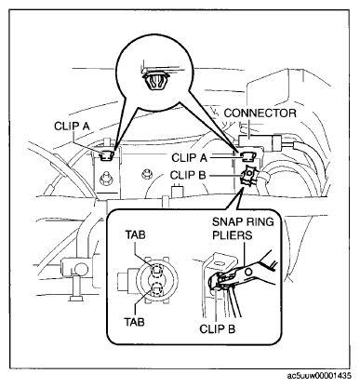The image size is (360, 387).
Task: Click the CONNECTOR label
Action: [260, 113]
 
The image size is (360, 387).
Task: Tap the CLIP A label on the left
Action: [72, 127]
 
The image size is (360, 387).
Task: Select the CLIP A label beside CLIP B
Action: [189, 158]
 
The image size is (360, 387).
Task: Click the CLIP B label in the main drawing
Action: [188, 175]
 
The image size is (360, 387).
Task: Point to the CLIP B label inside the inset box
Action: [217, 328]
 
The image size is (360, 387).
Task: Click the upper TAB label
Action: [135, 234]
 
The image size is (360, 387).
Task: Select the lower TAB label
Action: [135, 322]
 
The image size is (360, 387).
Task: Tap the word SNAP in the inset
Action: [226, 222]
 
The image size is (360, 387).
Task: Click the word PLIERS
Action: [233, 235]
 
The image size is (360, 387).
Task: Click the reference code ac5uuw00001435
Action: [319, 376]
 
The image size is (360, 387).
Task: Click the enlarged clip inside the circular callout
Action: [155, 81]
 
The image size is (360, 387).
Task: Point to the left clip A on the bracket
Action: [107, 155]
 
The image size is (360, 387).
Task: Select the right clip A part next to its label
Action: [247, 156]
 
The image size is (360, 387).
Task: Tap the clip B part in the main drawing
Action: [248, 176]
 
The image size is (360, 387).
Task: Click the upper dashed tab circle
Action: [157, 271]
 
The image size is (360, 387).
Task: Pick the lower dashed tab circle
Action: [157, 290]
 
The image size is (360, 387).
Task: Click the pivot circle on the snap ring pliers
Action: [248, 272]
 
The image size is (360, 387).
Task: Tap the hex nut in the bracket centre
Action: [145, 174]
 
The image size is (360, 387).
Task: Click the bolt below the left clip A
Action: [106, 178]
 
